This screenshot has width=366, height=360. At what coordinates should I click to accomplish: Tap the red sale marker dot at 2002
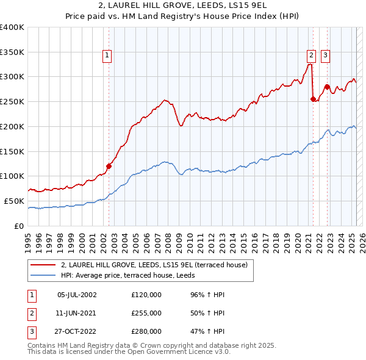[109, 165]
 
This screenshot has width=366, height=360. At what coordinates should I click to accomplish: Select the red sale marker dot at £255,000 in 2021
[313, 98]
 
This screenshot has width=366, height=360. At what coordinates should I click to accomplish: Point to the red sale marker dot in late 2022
[328, 86]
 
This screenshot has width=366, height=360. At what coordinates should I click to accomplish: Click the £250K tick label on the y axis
[12, 101]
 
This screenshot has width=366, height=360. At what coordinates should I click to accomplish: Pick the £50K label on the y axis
[14, 201]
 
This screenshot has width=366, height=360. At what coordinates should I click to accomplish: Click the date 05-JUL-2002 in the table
[76, 295]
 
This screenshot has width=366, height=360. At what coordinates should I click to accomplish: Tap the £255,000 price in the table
[146, 313]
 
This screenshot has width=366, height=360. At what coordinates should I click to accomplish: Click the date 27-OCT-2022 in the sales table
[76, 331]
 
